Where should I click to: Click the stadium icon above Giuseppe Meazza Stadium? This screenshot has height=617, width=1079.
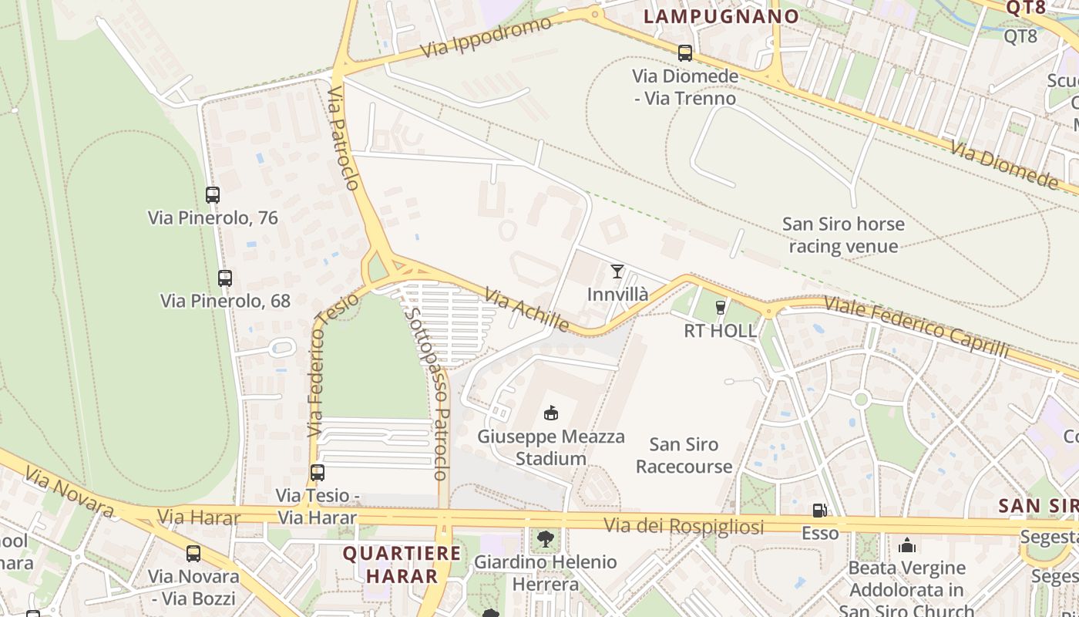[550, 413]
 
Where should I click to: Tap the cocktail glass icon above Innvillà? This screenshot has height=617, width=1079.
[617, 271]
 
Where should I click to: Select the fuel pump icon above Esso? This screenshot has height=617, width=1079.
[819, 510]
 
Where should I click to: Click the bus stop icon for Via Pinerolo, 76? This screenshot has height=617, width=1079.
[213, 195]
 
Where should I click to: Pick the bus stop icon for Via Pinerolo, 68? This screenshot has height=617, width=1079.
[225, 278]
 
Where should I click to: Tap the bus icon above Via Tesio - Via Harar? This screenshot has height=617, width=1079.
[317, 472]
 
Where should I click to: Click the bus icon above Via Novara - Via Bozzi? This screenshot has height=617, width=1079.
[193, 553]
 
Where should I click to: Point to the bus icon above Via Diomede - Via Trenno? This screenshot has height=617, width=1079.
[684, 52]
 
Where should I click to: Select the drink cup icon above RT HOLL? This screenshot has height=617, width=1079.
[721, 307]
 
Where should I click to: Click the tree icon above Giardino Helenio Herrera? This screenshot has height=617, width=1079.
[546, 538]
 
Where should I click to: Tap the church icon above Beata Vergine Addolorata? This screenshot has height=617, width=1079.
[907, 545]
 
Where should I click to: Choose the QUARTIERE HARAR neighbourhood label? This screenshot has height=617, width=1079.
[402, 564]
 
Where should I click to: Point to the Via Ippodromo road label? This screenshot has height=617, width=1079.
[487, 36]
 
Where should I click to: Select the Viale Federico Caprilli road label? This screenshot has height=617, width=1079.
[916, 325]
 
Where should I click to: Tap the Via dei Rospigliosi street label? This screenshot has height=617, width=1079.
[684, 526]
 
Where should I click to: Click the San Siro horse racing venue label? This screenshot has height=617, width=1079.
[843, 235]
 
